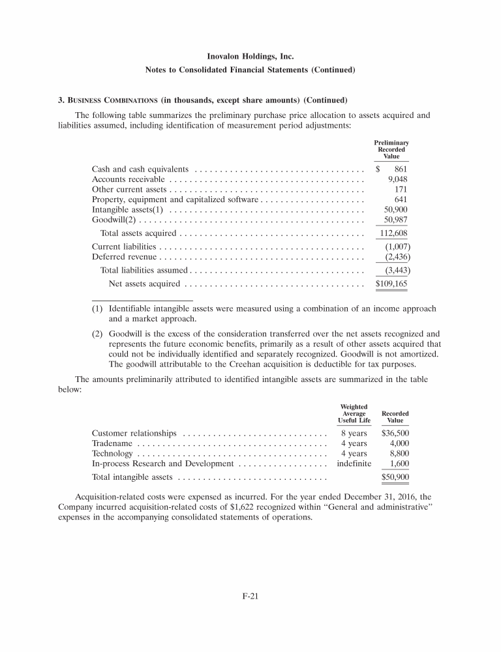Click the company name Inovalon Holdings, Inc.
point(250,57)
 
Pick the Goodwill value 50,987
point(396,220)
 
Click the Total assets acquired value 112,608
point(393,233)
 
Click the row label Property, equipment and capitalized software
point(175,200)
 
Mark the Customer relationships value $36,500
point(395,433)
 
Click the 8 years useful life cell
point(354,433)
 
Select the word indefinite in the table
point(354,464)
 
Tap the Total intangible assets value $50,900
point(395,477)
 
